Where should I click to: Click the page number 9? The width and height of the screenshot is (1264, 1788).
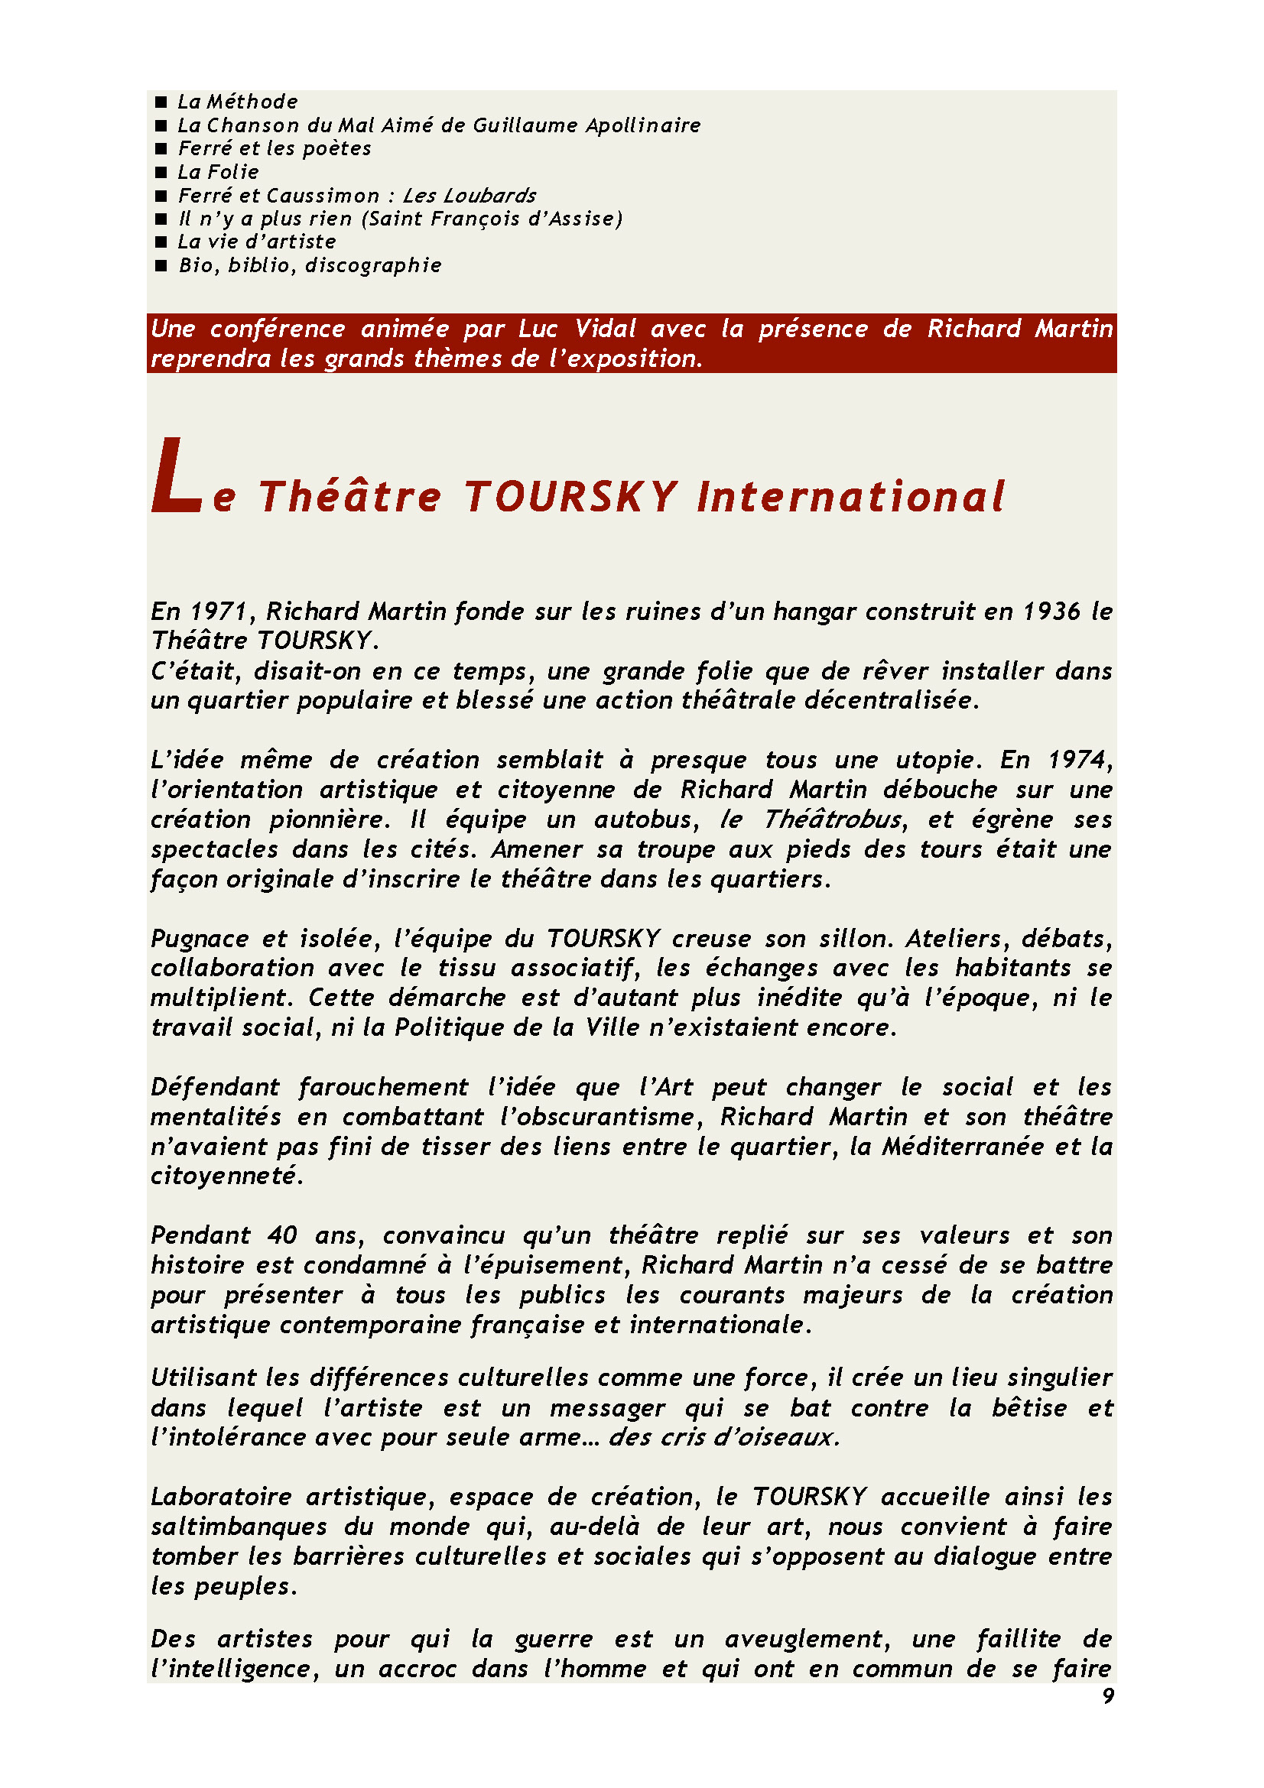coord(1108,1696)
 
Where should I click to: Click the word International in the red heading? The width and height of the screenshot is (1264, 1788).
coord(850,497)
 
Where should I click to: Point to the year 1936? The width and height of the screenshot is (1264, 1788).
coord(1051,612)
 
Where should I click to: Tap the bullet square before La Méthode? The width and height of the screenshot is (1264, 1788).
coord(161,102)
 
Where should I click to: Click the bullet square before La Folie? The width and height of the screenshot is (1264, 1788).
coord(161,172)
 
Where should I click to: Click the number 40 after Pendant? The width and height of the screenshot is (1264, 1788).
coord(282,1236)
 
